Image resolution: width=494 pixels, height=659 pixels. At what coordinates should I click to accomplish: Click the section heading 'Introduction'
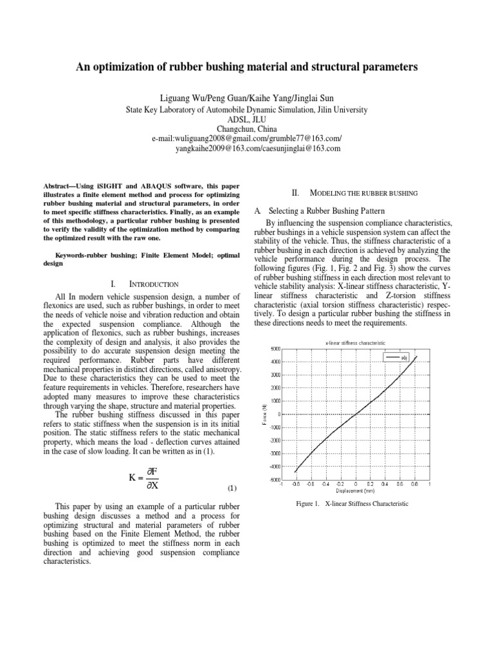(159, 284)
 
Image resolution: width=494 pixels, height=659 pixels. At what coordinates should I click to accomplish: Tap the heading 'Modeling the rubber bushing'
(364, 193)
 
